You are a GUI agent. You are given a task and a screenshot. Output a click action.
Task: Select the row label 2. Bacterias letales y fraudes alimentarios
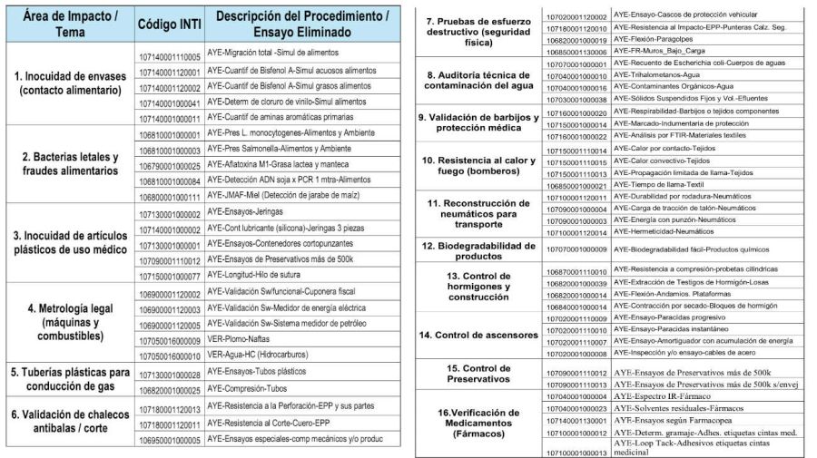[x=69, y=163]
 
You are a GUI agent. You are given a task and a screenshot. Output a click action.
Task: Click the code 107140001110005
[x=170, y=56]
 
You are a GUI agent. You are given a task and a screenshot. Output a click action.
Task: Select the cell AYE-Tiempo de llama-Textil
[x=657, y=185]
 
